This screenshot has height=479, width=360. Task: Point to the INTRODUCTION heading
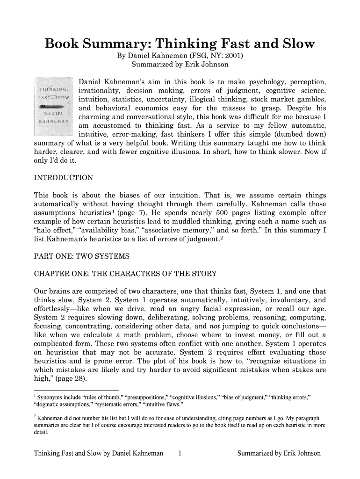[x=64, y=178]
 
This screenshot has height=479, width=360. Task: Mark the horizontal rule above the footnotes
[x=76, y=389]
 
